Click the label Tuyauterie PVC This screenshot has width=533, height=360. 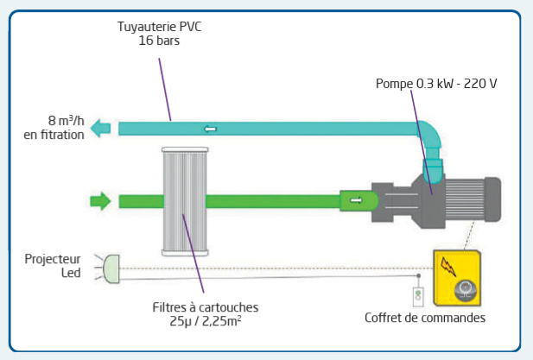[160, 27]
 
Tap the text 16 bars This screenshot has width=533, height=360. [159, 41]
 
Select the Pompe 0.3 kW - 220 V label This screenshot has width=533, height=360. [436, 84]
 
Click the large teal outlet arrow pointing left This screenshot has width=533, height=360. [100, 129]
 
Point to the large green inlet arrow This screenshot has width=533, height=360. [100, 201]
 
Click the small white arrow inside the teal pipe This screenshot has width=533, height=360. [211, 129]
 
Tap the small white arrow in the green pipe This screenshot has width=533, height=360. [356, 200]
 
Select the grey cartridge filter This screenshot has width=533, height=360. [185, 201]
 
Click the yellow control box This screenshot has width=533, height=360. [457, 278]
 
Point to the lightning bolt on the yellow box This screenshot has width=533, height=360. [448, 266]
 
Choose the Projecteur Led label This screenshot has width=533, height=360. [53, 266]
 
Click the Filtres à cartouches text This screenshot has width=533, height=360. [206, 307]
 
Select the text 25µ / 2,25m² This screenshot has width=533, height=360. [206, 321]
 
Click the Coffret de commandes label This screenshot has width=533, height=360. [425, 318]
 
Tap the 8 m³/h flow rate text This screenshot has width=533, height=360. [66, 121]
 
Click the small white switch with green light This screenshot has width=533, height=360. [418, 296]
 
